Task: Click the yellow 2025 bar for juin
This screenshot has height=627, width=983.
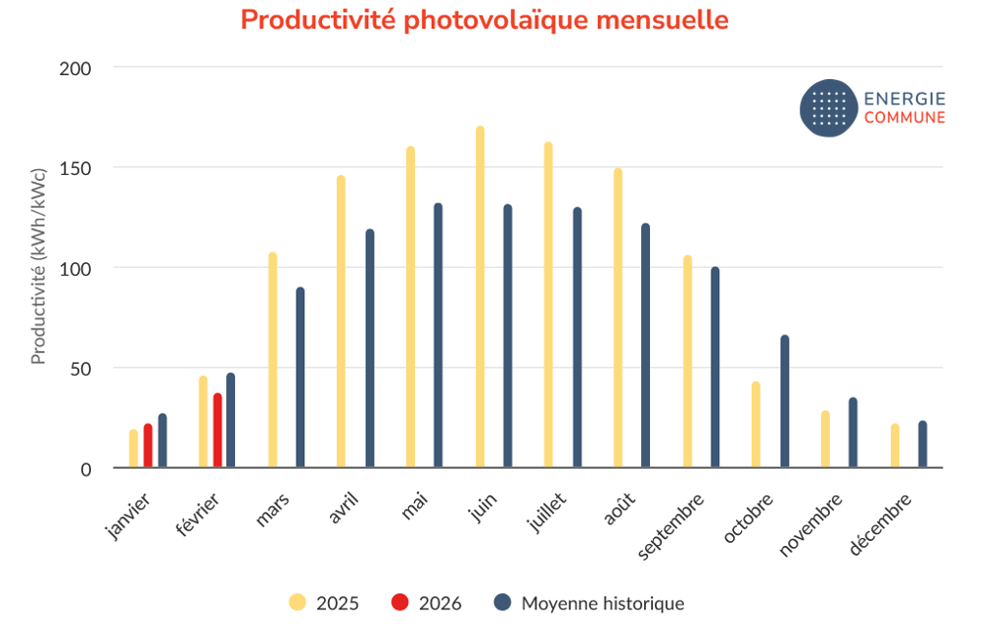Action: (480, 297)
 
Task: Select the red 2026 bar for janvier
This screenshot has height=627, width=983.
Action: (148, 446)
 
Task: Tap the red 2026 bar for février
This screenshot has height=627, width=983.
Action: (217, 430)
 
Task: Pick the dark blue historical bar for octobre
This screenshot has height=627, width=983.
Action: (784, 402)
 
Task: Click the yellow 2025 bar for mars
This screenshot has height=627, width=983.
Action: (273, 360)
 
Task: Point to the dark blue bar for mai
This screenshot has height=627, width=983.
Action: (438, 335)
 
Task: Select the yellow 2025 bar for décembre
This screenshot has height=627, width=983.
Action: (895, 446)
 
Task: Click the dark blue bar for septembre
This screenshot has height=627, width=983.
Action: (715, 367)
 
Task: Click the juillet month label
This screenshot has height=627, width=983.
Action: (547, 509)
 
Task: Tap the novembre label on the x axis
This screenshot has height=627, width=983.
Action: (811, 524)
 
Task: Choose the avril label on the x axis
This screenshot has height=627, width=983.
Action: (342, 506)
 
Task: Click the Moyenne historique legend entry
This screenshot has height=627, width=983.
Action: (589, 602)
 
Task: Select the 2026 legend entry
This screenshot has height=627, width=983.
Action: (427, 602)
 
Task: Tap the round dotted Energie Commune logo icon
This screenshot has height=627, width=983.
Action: (828, 108)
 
